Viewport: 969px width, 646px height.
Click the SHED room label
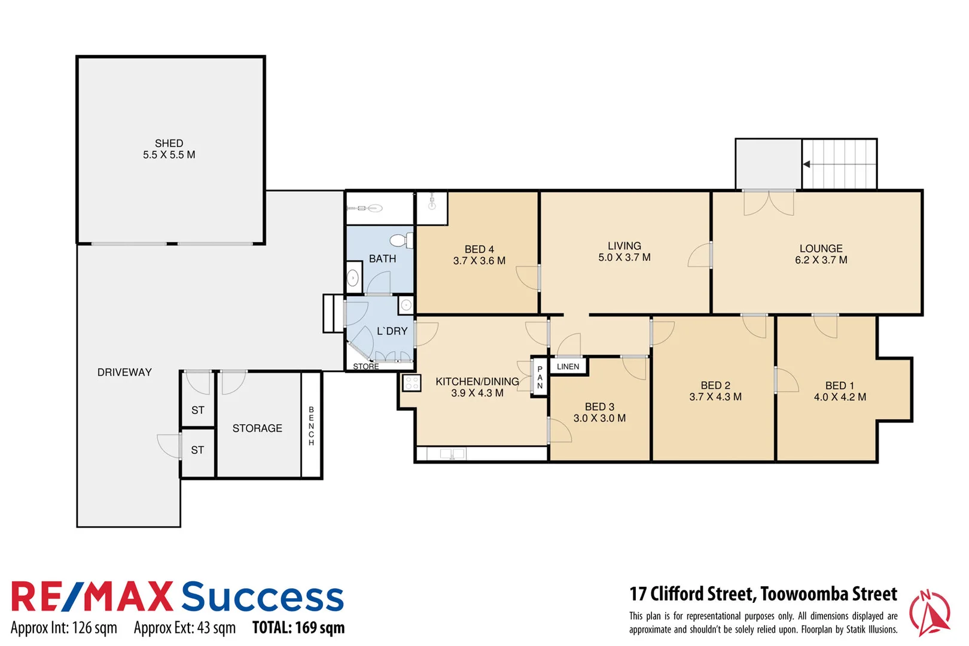point(169,144)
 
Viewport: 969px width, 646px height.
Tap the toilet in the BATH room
point(400,240)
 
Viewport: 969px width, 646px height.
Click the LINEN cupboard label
point(568,367)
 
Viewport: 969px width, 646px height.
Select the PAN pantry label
point(540,377)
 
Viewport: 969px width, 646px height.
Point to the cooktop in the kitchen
point(412,383)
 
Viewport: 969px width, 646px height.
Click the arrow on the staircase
point(807,164)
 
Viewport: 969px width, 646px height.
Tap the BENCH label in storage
point(311,426)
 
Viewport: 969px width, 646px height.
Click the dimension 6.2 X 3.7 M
point(821,260)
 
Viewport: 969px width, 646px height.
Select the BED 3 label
point(599,407)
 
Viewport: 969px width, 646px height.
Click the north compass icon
point(929,613)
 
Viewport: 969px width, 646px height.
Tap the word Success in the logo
point(263,597)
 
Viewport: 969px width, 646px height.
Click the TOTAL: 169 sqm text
point(298,628)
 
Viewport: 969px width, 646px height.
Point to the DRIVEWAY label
point(124,372)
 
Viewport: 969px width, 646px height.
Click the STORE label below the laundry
point(365,367)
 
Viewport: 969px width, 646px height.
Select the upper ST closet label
point(198,410)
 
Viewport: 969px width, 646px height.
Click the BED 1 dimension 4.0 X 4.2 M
point(840,397)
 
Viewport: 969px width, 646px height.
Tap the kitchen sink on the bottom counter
point(452,454)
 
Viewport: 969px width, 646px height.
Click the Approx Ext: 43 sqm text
point(185,628)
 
